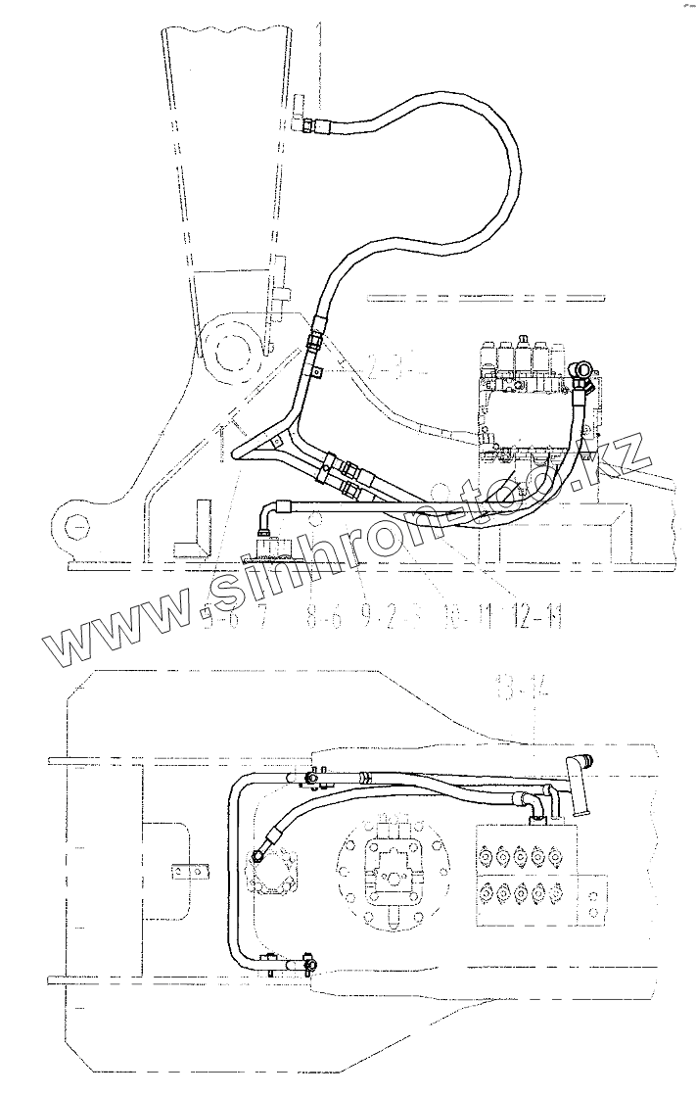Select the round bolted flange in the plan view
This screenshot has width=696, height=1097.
[x=392, y=867]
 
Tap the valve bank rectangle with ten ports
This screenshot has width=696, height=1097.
[x=525, y=874]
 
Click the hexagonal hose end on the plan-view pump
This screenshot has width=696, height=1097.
[x=262, y=854]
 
